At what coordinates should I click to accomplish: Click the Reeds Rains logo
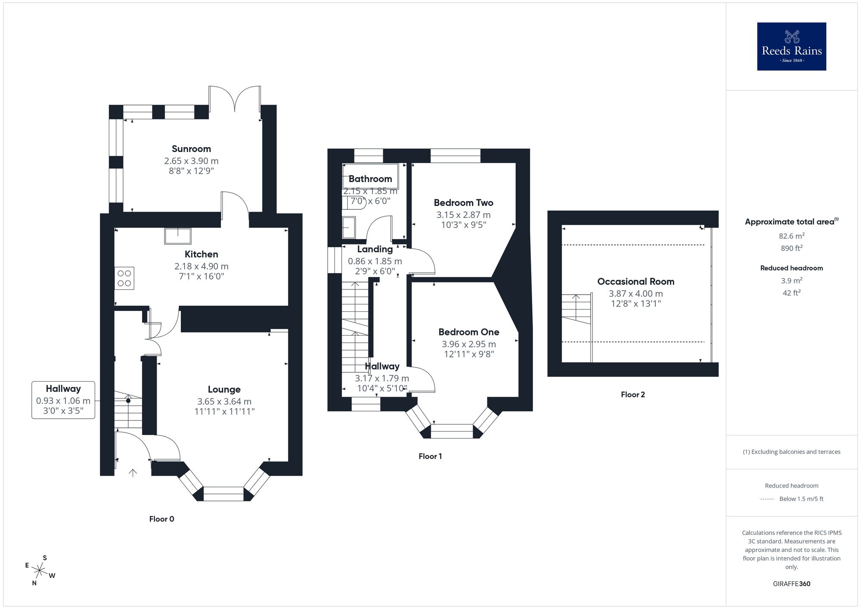[791, 47]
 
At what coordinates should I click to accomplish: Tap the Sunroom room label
[191, 149]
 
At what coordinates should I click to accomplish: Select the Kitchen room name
[201, 254]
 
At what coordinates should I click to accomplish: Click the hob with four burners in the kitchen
[124, 278]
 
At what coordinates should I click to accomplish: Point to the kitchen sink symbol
[177, 236]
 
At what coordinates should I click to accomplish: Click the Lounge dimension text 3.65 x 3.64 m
[224, 401]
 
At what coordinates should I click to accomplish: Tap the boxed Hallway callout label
[63, 400]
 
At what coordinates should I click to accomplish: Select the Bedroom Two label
[463, 203]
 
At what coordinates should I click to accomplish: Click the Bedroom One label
[469, 332]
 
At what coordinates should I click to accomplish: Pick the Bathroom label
[370, 179]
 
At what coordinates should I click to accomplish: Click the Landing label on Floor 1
[375, 249]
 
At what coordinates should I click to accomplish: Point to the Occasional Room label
[635, 282]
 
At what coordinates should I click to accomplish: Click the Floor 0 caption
[161, 519]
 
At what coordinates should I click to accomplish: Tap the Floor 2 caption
[633, 395]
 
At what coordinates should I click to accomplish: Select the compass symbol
[40, 571]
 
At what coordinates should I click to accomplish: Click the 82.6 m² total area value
[791, 236]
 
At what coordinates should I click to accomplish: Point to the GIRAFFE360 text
[791, 584]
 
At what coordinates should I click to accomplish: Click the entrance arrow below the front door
[133, 473]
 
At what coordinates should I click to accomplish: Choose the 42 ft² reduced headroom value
[791, 293]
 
